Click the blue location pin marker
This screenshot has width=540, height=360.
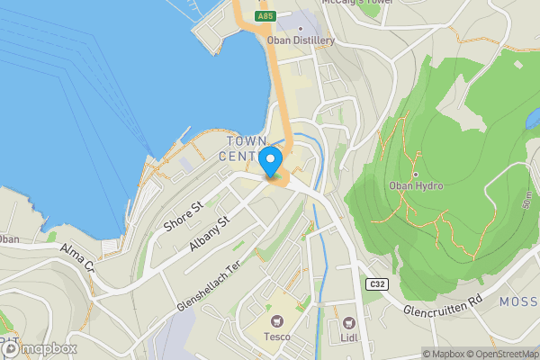[271, 162]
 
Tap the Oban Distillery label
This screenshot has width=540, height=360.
[301, 40]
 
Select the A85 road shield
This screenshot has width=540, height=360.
[264, 16]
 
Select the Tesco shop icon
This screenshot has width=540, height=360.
[276, 321]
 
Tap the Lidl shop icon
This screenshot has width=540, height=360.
[348, 322]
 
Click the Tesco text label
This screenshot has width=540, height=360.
[276, 337]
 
